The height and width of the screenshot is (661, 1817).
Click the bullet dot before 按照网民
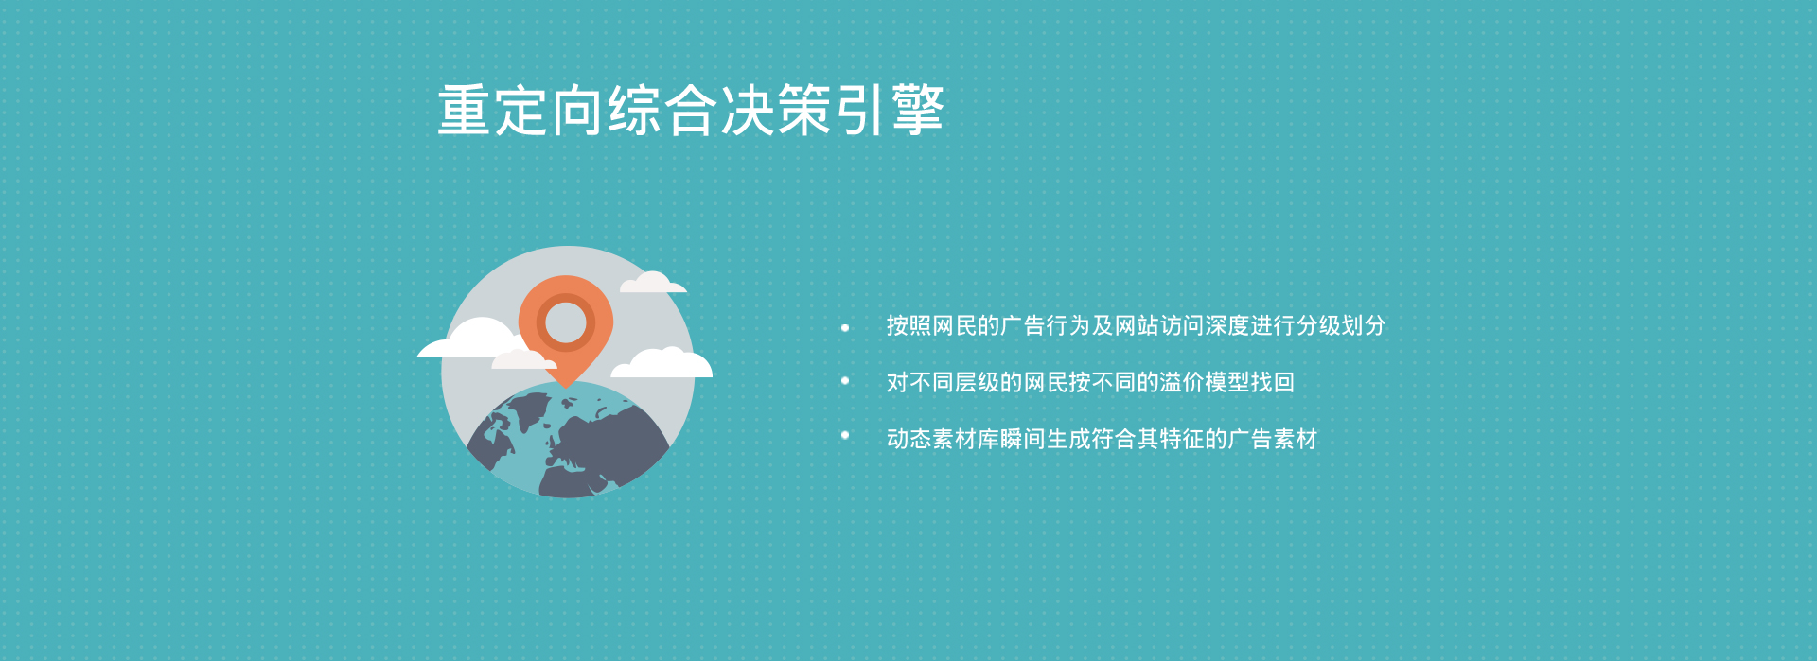[x=845, y=328]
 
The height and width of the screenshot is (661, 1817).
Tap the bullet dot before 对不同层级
[x=845, y=381]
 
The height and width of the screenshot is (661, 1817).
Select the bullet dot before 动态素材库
[x=845, y=435]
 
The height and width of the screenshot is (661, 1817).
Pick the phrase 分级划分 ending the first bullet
[x=1341, y=325]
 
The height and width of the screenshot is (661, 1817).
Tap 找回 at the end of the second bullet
[x=1273, y=382]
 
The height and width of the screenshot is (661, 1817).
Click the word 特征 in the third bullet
[x=1182, y=439]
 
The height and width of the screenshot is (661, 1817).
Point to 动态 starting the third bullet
[x=909, y=439]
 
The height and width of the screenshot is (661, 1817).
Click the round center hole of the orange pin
[x=566, y=322]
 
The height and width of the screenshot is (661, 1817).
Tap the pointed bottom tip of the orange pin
[x=565, y=387]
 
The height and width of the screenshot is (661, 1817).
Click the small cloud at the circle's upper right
[x=653, y=282]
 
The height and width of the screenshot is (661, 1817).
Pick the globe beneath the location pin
[x=568, y=440]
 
